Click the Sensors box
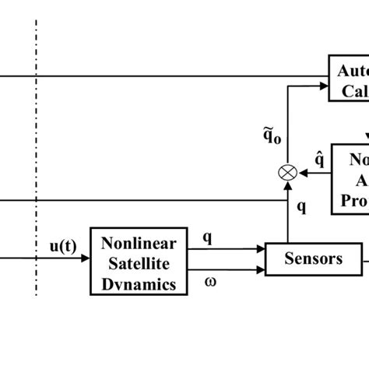pyautogui.click(x=313, y=258)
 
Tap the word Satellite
pyautogui.click(x=137, y=263)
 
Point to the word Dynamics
pyautogui.click(x=137, y=284)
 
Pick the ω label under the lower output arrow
pyautogui.click(x=209, y=283)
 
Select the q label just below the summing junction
pyautogui.click(x=301, y=208)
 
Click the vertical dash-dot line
pyautogui.click(x=36, y=156)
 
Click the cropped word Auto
pyautogui.click(x=353, y=71)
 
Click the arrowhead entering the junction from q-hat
pyautogui.click(x=300, y=174)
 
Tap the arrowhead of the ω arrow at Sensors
pyautogui.click(x=261, y=270)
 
